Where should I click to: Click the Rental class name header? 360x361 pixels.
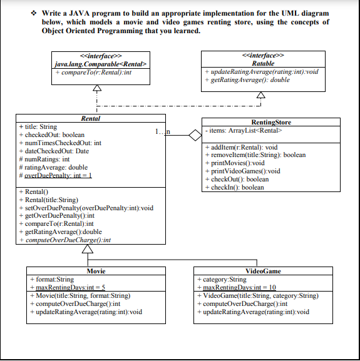click(91, 118)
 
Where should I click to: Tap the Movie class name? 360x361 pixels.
click(95, 271)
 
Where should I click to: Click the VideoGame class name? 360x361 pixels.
click(263, 271)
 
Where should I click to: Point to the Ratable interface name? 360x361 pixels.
click(262, 64)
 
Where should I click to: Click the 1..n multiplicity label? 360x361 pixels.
click(162, 130)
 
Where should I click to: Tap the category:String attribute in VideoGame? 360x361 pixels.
click(223, 279)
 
